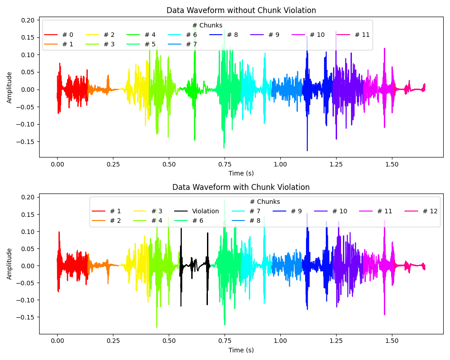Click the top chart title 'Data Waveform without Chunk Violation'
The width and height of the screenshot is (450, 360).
(x=241, y=10)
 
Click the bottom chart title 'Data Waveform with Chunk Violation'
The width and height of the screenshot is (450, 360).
(x=241, y=187)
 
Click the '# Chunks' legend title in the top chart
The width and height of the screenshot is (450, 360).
(x=207, y=25)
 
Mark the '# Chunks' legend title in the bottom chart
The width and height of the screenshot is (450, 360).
(x=265, y=202)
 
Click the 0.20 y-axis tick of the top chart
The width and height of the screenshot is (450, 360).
(x=27, y=20)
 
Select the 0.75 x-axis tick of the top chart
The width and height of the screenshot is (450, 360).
(x=225, y=165)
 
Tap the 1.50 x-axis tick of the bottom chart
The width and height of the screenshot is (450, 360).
(x=392, y=342)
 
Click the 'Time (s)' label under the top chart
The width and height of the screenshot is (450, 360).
(x=241, y=173)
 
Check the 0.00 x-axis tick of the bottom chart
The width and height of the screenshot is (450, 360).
(x=57, y=342)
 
